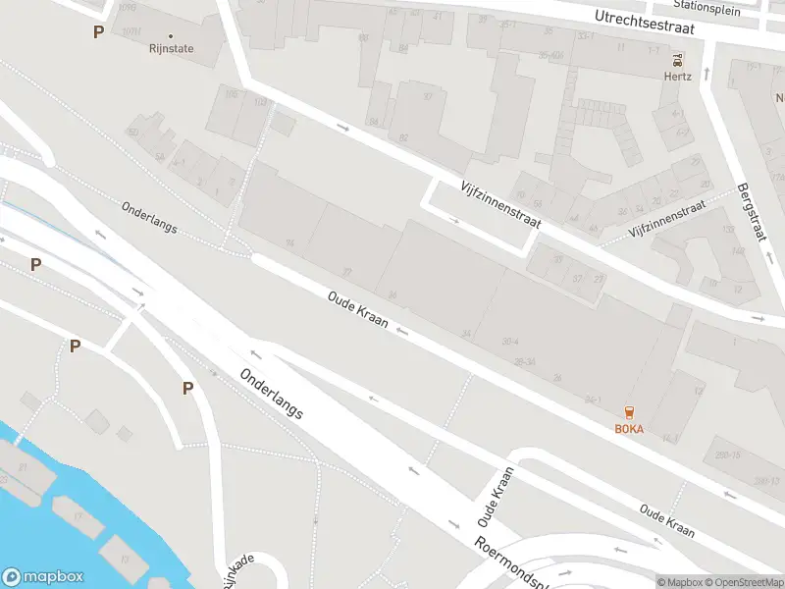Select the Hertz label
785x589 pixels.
tap(678, 76)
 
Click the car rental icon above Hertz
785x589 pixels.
tap(678, 59)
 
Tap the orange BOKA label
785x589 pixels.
tap(629, 429)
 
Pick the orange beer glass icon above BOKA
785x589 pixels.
tap(629, 412)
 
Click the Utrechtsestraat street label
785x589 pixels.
tap(645, 23)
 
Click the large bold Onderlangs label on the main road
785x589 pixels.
tap(271, 394)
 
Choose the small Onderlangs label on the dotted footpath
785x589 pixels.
tap(149, 217)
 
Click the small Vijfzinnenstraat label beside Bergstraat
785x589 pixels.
tap(667, 221)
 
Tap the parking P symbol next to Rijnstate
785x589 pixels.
tap(98, 32)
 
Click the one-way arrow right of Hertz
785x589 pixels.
tap(706, 75)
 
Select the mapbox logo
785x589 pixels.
tap(42, 577)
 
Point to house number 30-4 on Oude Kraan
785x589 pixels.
tap(509, 342)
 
